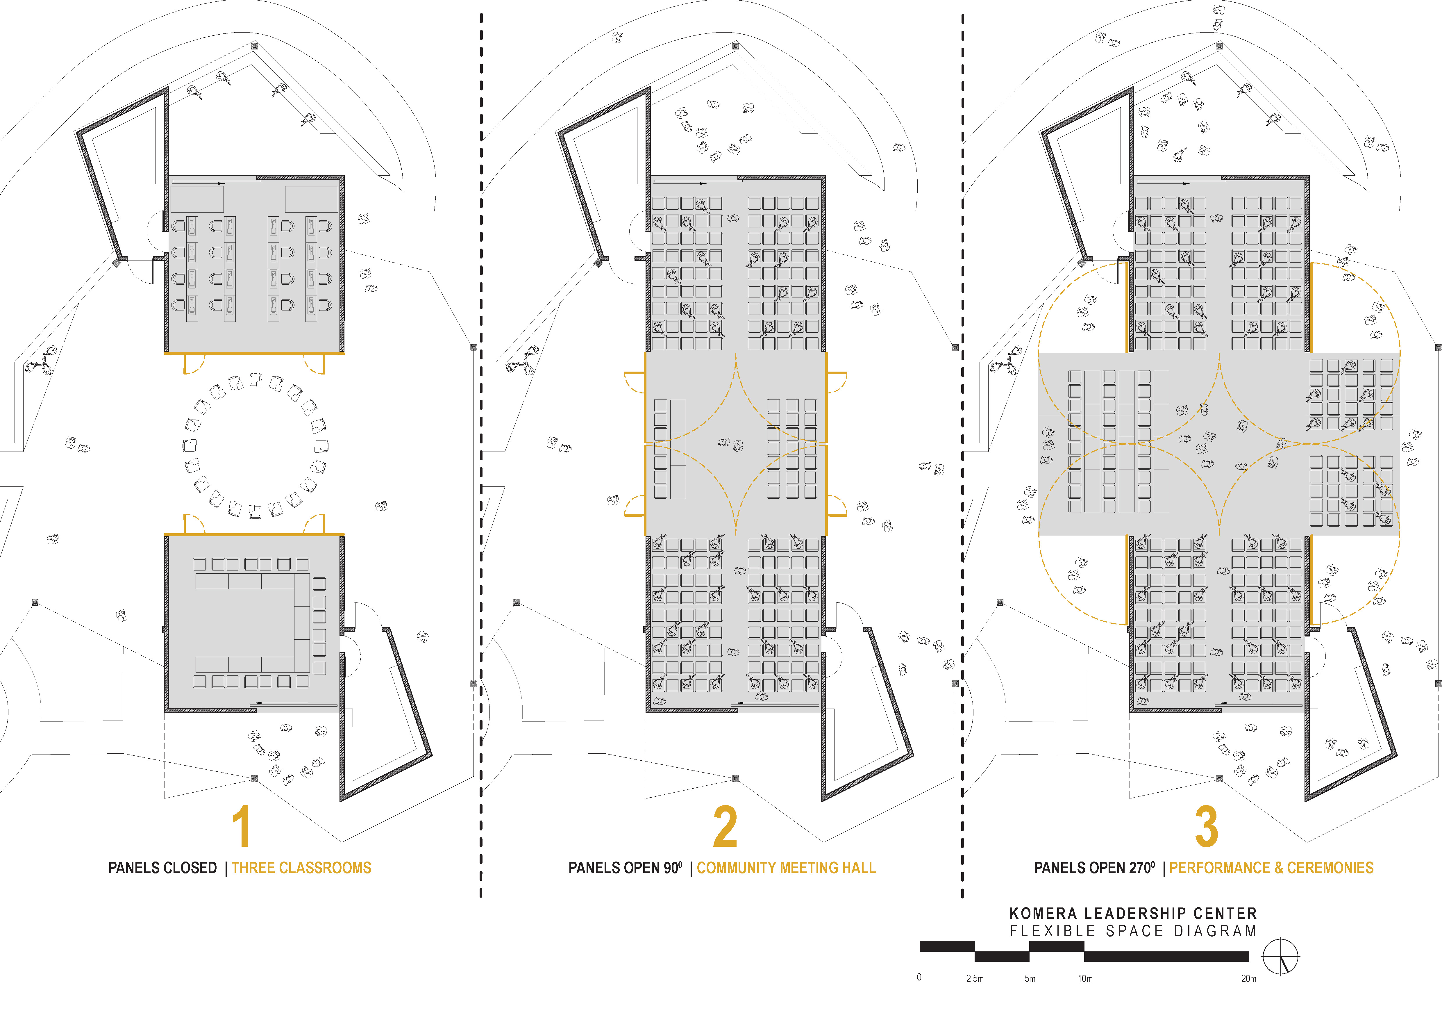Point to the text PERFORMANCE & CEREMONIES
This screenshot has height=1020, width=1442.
(1271, 868)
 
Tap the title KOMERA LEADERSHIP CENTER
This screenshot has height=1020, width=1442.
(1133, 913)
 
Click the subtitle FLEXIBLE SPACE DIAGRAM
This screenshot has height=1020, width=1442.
(1133, 931)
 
